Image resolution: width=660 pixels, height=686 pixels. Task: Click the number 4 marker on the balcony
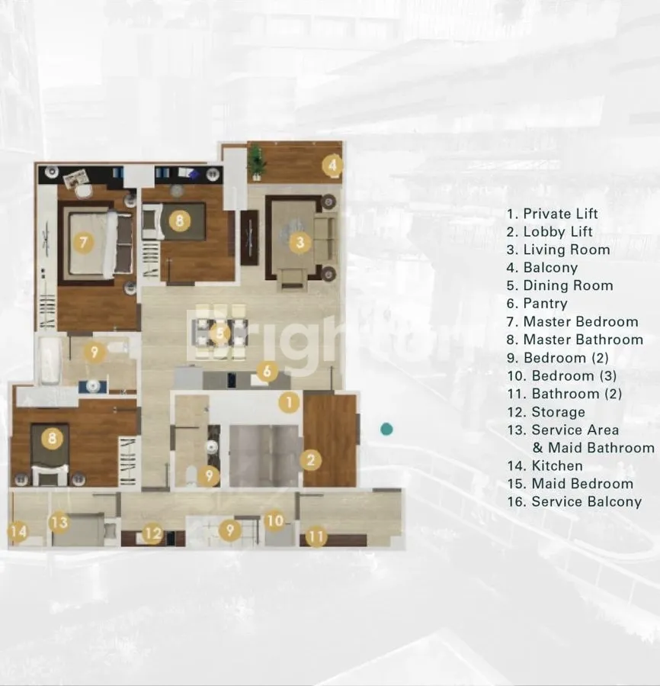click(332, 166)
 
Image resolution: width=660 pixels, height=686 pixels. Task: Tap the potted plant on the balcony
click(257, 163)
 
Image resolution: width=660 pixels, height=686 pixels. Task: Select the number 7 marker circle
click(84, 242)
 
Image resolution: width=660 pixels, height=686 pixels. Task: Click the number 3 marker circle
click(300, 242)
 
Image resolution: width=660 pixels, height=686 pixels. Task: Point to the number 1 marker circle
click(289, 402)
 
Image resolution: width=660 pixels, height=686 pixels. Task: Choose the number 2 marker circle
click(311, 460)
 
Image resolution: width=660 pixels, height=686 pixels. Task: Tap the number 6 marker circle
click(267, 372)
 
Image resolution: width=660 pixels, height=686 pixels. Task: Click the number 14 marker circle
click(18, 532)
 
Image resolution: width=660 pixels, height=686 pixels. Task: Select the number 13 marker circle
click(59, 522)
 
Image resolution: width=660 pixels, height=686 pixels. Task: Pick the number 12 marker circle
click(153, 533)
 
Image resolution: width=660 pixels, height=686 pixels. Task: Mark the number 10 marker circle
click(275, 520)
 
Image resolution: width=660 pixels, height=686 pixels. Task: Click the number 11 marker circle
click(316, 536)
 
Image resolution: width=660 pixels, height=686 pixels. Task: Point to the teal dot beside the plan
click(386, 429)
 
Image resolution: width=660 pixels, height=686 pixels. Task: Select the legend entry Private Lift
click(552, 214)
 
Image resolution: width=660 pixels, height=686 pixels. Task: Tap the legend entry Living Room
click(558, 250)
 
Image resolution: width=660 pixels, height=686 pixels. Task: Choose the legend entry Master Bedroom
click(572, 321)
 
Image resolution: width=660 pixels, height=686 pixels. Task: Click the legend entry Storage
click(546, 412)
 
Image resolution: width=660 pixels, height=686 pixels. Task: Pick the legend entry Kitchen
click(545, 465)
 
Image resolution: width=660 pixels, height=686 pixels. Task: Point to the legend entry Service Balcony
click(575, 501)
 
